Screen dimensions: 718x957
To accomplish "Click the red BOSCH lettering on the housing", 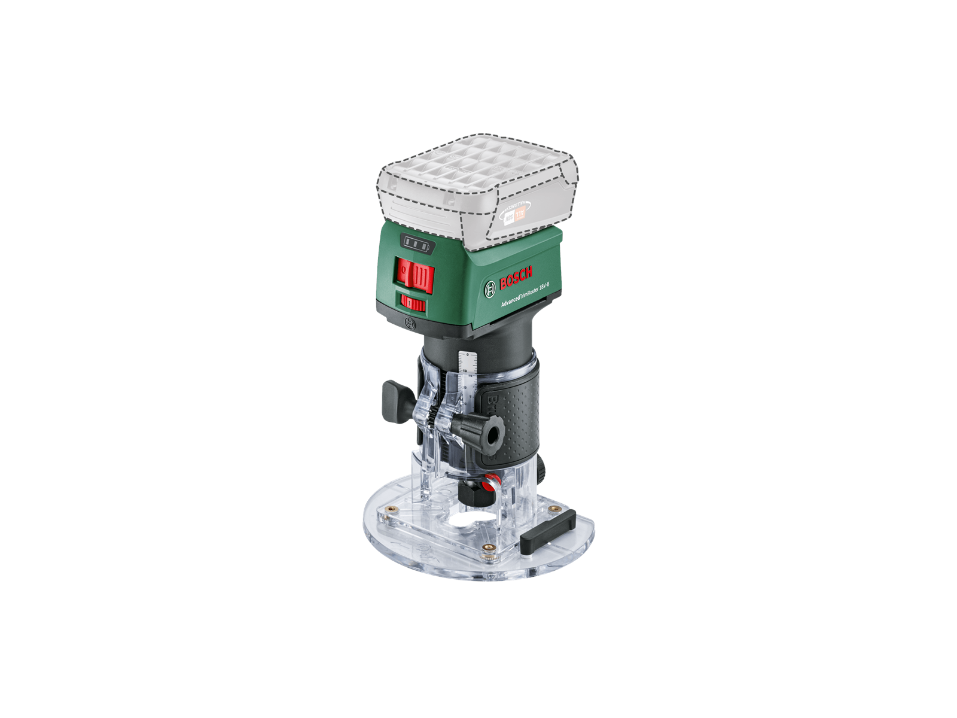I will [516, 278].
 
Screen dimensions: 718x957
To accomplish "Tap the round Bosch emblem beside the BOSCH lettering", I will [490, 290].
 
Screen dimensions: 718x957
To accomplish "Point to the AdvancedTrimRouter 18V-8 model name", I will [525, 294].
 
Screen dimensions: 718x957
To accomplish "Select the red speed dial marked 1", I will [413, 303].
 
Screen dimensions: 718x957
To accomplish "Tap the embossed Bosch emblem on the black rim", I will [410, 324].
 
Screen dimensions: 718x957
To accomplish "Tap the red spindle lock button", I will [491, 480].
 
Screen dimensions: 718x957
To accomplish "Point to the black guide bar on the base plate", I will [548, 531].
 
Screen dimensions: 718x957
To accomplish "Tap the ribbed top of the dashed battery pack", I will [473, 162].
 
